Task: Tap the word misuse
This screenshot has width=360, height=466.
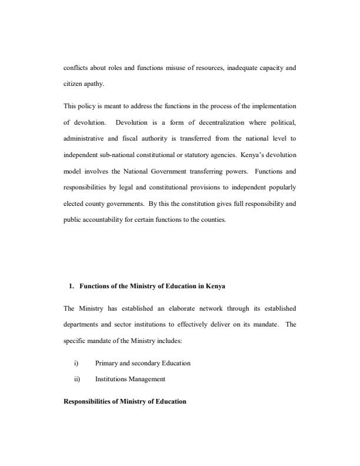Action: [161, 68]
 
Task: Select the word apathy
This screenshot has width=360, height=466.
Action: [94, 84]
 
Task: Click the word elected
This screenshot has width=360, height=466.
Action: [74, 204]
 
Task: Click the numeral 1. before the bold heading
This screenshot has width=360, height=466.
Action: [71, 286]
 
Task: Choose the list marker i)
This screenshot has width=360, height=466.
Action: [76, 363]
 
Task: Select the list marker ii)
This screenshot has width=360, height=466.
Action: [77, 380]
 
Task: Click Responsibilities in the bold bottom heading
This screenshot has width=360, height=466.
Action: [88, 401]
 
